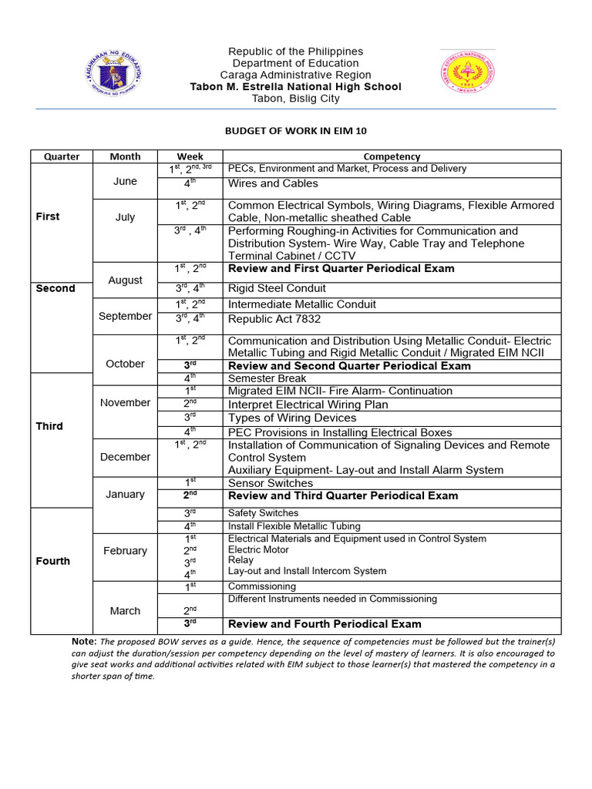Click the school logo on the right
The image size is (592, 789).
(x=466, y=77)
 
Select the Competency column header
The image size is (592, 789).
(x=392, y=156)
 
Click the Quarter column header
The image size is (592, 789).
(x=62, y=156)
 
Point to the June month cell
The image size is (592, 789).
(x=125, y=181)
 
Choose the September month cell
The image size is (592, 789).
(x=125, y=316)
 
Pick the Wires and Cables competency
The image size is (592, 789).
(x=273, y=183)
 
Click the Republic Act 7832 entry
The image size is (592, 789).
(x=274, y=319)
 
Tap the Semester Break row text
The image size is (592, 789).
(x=267, y=378)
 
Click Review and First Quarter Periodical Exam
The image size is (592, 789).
(x=341, y=268)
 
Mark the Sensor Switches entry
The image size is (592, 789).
(x=271, y=483)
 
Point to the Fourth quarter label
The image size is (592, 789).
(x=53, y=561)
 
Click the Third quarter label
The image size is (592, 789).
(x=49, y=426)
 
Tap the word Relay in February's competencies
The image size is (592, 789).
(x=240, y=560)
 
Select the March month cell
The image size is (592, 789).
(x=125, y=611)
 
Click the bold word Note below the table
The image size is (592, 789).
(x=83, y=641)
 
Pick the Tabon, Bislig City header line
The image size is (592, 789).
(x=295, y=99)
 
